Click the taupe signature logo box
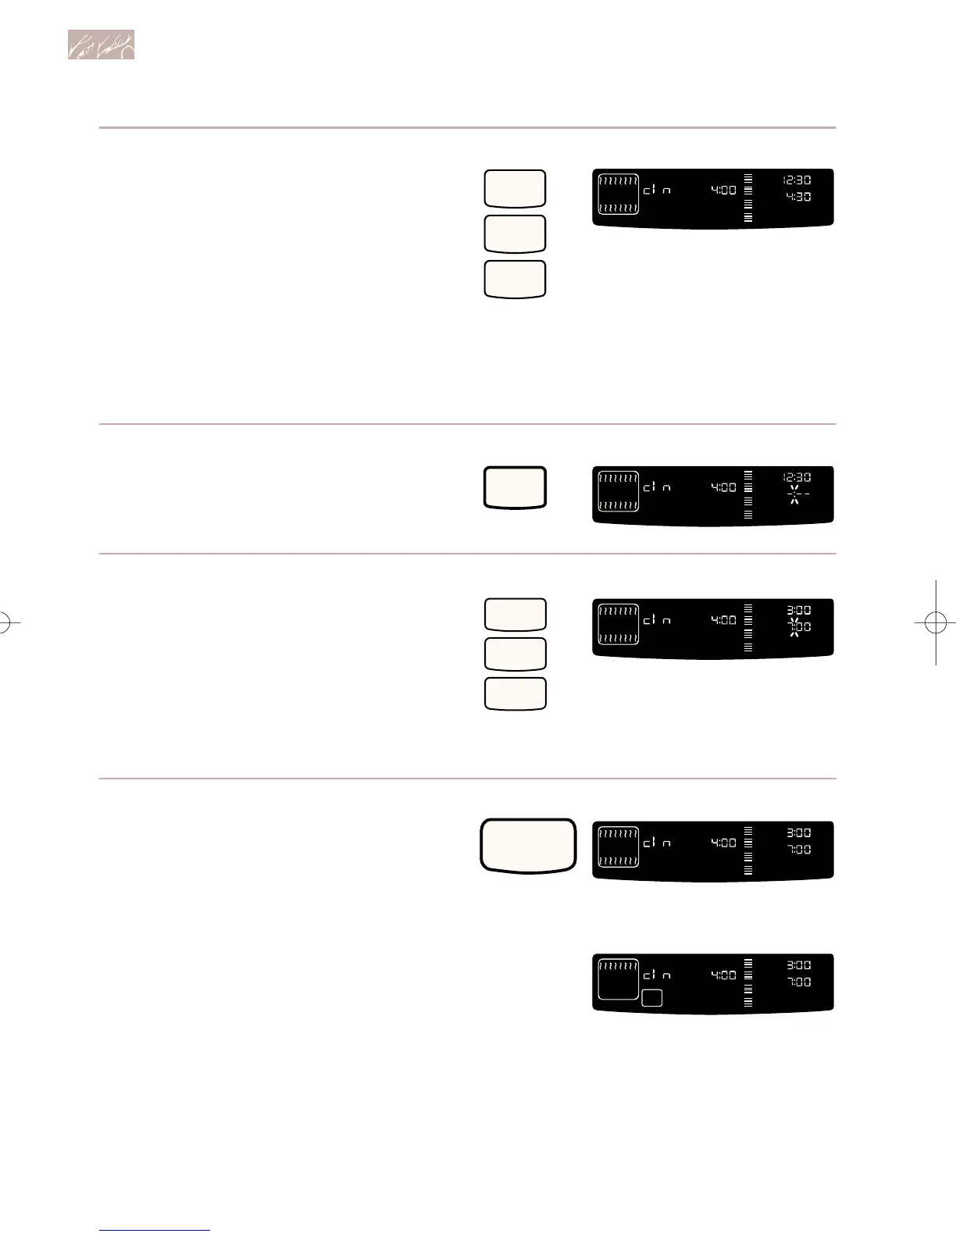(101, 45)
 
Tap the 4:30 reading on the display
(798, 197)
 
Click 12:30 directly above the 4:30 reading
(797, 180)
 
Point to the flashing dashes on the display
(796, 494)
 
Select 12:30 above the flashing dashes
(797, 477)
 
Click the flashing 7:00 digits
(798, 627)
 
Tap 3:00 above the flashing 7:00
(798, 611)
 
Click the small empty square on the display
(652, 998)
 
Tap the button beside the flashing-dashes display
(515, 487)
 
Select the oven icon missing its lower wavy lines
(619, 979)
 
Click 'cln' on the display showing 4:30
(657, 190)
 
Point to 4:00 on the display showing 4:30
(722, 190)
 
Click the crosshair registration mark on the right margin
(935, 622)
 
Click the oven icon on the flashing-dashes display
(619, 492)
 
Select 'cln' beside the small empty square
(657, 975)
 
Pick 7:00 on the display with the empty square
(799, 982)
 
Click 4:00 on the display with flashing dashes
(722, 487)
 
